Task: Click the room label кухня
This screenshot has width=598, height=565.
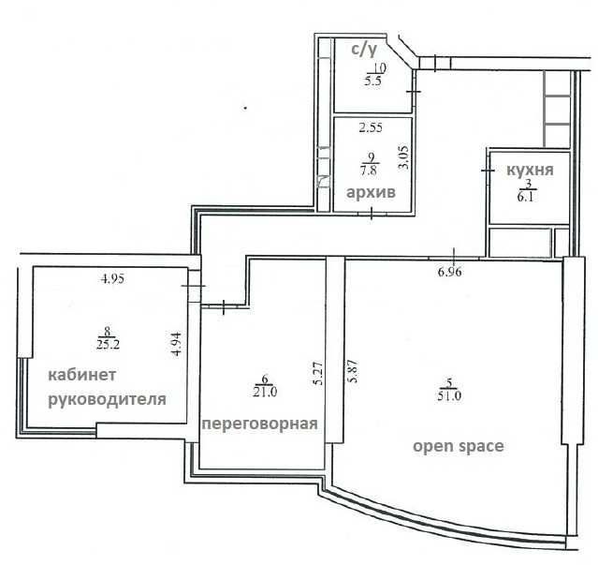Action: [x=530, y=170]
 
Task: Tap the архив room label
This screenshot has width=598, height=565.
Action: [x=371, y=192]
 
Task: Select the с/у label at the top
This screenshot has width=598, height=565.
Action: [x=364, y=50]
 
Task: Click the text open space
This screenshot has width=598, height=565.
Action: [x=459, y=446]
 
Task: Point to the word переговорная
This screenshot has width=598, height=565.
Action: [x=260, y=424]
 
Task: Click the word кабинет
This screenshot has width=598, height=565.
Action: [x=82, y=375]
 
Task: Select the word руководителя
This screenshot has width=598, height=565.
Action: [x=108, y=400]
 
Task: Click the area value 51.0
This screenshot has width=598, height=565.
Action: [x=449, y=396]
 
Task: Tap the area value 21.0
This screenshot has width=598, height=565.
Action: [x=265, y=392]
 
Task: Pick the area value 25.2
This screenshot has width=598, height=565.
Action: [x=109, y=345]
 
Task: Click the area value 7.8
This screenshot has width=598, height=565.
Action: [x=370, y=170]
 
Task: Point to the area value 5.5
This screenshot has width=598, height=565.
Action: [x=374, y=82]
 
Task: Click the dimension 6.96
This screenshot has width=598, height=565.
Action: [x=450, y=272]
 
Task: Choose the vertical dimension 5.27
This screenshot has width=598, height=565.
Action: [x=319, y=373]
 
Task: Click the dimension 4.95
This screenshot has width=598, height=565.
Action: [x=112, y=279]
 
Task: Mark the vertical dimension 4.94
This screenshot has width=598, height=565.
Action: [x=177, y=344]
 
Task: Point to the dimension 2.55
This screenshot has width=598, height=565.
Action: [x=371, y=127]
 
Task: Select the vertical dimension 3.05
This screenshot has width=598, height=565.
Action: [x=403, y=157]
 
